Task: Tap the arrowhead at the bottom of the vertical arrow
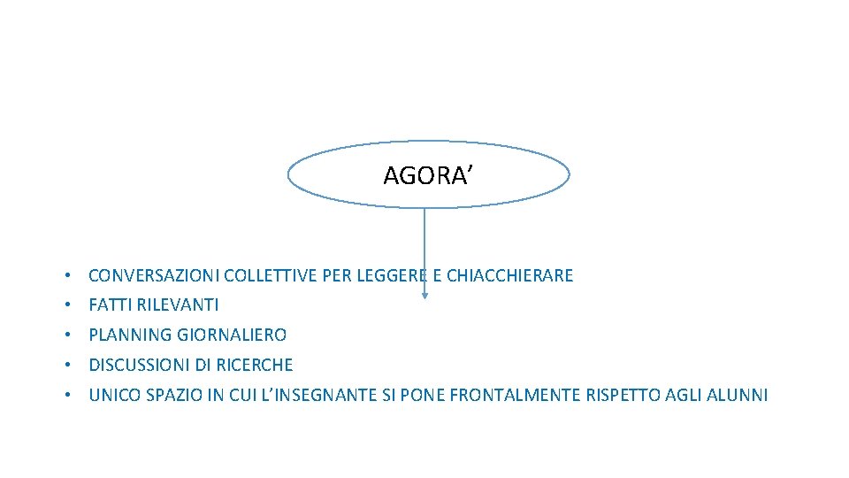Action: [x=424, y=295]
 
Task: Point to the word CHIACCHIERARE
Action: [x=510, y=275]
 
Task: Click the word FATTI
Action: [x=108, y=305]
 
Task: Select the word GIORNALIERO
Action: [x=232, y=335]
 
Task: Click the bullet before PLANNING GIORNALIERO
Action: [x=67, y=335]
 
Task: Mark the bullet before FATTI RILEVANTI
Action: [x=67, y=305]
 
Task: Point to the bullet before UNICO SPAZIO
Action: [x=67, y=396]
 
